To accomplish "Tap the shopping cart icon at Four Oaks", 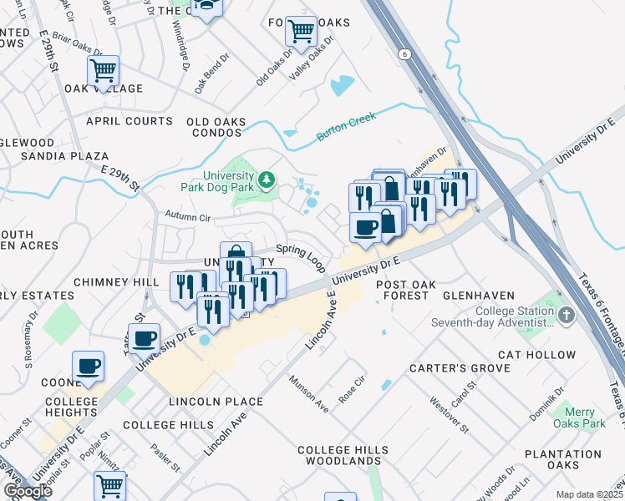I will point(301,33).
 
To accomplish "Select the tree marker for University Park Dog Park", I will point(267,180).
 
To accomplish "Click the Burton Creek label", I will point(344,132).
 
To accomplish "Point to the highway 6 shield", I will point(405,53).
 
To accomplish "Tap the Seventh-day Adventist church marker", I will point(567,316).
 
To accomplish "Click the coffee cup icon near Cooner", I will point(88,367).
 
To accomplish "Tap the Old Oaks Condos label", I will point(216,127).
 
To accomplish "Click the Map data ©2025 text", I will point(589,494).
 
